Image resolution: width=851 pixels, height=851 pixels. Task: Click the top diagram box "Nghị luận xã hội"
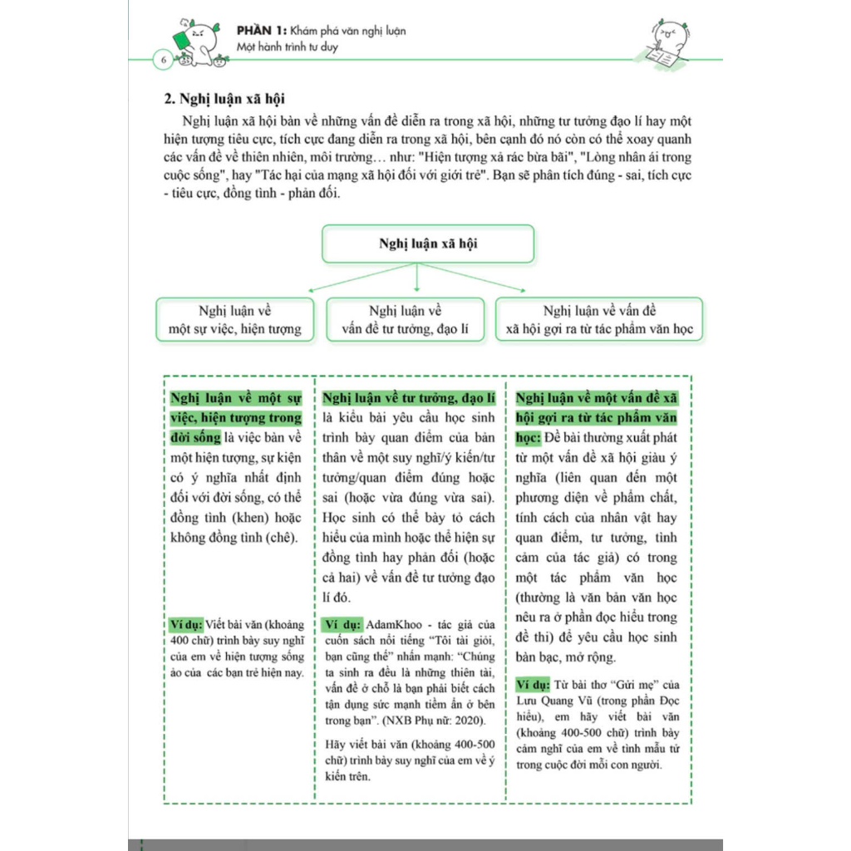tap(428, 243)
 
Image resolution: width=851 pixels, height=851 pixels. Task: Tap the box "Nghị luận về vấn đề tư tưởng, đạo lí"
tap(406, 320)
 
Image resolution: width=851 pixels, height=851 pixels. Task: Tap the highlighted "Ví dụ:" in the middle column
tap(342, 624)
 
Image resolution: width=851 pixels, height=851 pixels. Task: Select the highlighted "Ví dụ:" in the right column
tap(533, 685)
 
